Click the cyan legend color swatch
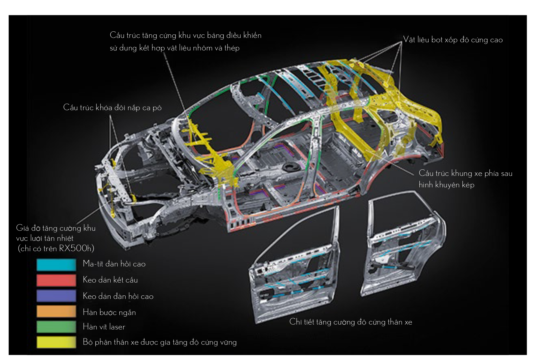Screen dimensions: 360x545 click(56, 265)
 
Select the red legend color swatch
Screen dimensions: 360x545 click(56, 280)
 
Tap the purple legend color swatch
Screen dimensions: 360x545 click(56, 296)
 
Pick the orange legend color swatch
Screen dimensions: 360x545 click(56, 311)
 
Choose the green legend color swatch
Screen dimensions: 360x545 click(56, 327)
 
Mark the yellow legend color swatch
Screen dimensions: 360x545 click(56, 342)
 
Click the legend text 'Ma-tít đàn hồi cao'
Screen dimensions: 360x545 click(114, 264)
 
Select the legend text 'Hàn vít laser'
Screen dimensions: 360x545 click(104, 327)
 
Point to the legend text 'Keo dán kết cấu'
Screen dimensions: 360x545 click(110, 280)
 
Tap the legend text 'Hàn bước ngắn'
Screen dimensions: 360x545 click(109, 312)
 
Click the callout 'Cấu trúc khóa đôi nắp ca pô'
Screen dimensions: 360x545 click(112, 107)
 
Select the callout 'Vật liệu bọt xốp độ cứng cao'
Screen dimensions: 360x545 click(453, 40)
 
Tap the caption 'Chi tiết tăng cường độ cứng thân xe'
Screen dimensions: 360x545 click(350, 322)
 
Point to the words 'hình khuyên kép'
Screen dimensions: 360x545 click(446, 185)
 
